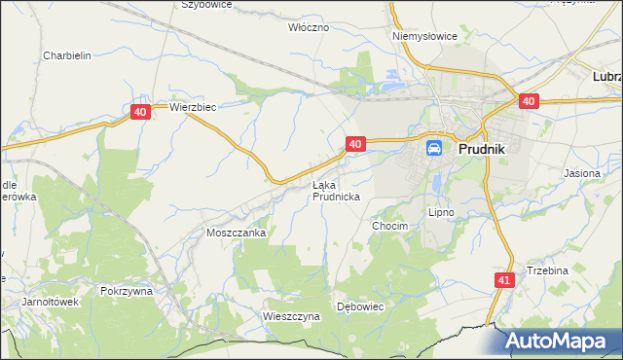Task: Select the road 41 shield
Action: (x=503, y=280)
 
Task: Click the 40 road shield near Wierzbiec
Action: (x=141, y=113)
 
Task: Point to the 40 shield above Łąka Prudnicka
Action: (x=355, y=144)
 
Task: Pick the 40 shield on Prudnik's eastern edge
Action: (x=529, y=101)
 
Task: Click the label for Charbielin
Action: (x=66, y=55)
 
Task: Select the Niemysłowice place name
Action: (x=424, y=36)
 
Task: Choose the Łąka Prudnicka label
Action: (x=336, y=191)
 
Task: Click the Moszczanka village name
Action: (x=237, y=234)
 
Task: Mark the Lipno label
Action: (x=442, y=211)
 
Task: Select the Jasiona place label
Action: (x=583, y=172)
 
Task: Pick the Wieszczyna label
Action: (x=291, y=316)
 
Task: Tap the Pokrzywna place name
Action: (x=127, y=290)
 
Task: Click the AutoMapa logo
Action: (x=559, y=341)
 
